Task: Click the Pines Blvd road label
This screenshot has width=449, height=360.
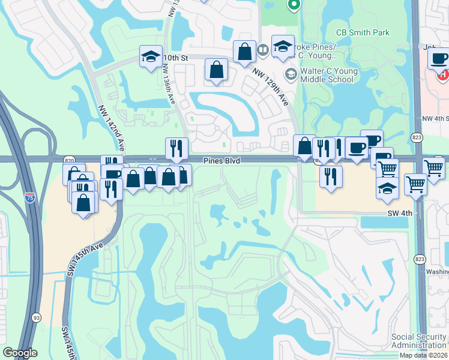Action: pos(222,161)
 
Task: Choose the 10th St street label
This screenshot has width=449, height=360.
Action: pos(175,57)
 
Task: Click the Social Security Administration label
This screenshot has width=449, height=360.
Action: pos(418,341)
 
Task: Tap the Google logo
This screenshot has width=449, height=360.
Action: pos(20,353)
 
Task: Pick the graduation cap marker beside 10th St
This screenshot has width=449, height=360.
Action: pos(151,56)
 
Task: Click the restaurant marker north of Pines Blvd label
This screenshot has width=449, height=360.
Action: pos(176,148)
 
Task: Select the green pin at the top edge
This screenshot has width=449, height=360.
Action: pos(294,5)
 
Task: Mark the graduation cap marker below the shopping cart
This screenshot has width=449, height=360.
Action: pos(387,188)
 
